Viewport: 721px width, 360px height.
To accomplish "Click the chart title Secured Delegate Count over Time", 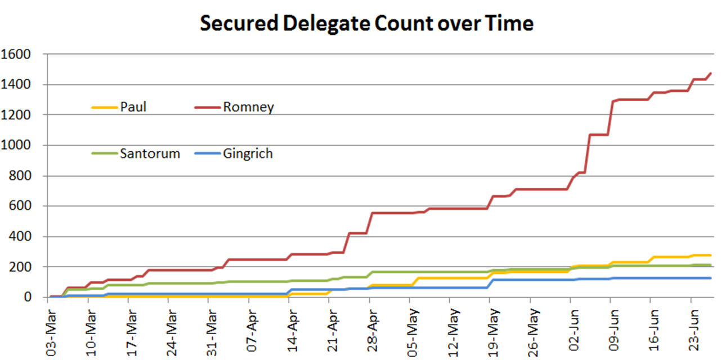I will (x=366, y=24).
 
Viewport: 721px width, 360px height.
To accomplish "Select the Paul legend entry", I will (x=133, y=107).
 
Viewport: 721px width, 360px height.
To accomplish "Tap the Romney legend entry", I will (x=248, y=107).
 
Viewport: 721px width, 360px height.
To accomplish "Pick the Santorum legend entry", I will (x=150, y=153).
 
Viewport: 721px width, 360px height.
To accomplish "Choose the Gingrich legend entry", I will (x=248, y=153).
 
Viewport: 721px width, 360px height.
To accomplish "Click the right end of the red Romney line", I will (x=711, y=73).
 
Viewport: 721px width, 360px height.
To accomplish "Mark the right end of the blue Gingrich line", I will (x=711, y=278).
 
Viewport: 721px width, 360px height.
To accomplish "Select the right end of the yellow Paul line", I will (x=711, y=255).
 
